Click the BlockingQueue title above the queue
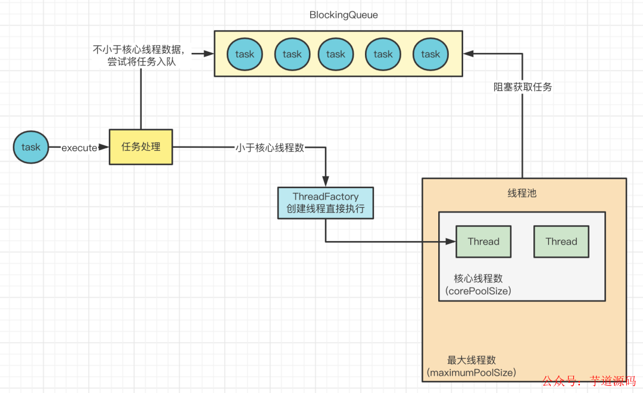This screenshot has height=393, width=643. (x=344, y=15)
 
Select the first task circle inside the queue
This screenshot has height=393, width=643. (x=244, y=54)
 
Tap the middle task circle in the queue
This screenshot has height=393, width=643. (x=335, y=54)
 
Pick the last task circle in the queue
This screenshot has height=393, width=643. (x=430, y=54)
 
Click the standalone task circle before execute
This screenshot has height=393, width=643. (x=31, y=146)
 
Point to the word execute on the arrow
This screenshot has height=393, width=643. (x=79, y=148)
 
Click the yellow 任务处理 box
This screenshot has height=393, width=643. (x=141, y=146)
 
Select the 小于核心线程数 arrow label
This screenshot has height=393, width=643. (x=270, y=148)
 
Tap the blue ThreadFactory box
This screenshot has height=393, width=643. (x=326, y=203)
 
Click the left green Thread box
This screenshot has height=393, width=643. (x=483, y=241)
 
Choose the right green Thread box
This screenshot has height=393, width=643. (x=561, y=241)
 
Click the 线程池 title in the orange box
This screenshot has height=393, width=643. (x=522, y=194)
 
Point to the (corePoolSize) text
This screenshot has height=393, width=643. (x=478, y=291)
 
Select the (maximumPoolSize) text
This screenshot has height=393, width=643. (x=471, y=373)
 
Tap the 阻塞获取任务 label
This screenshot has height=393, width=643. (x=523, y=87)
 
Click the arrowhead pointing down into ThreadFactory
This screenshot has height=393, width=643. (x=326, y=181)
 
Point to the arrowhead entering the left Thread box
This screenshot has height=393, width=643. (x=451, y=241)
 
